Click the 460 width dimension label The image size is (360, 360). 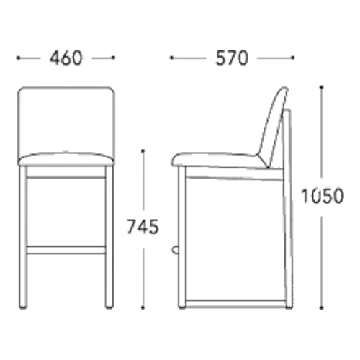66,58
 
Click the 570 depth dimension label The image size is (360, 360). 232,58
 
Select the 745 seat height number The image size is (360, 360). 143,227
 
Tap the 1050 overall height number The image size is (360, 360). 323,196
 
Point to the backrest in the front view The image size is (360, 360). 66,120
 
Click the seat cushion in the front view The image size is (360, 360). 66,159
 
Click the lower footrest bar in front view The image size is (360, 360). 66,250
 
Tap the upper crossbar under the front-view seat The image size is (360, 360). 66,177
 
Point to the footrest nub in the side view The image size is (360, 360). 175,250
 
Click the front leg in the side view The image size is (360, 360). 182,237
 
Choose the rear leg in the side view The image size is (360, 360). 287,209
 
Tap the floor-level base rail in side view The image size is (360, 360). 236,304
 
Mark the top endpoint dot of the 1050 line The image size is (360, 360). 322,86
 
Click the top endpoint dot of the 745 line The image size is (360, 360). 143,150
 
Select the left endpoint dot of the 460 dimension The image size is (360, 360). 18,58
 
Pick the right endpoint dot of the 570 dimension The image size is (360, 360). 293,58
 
